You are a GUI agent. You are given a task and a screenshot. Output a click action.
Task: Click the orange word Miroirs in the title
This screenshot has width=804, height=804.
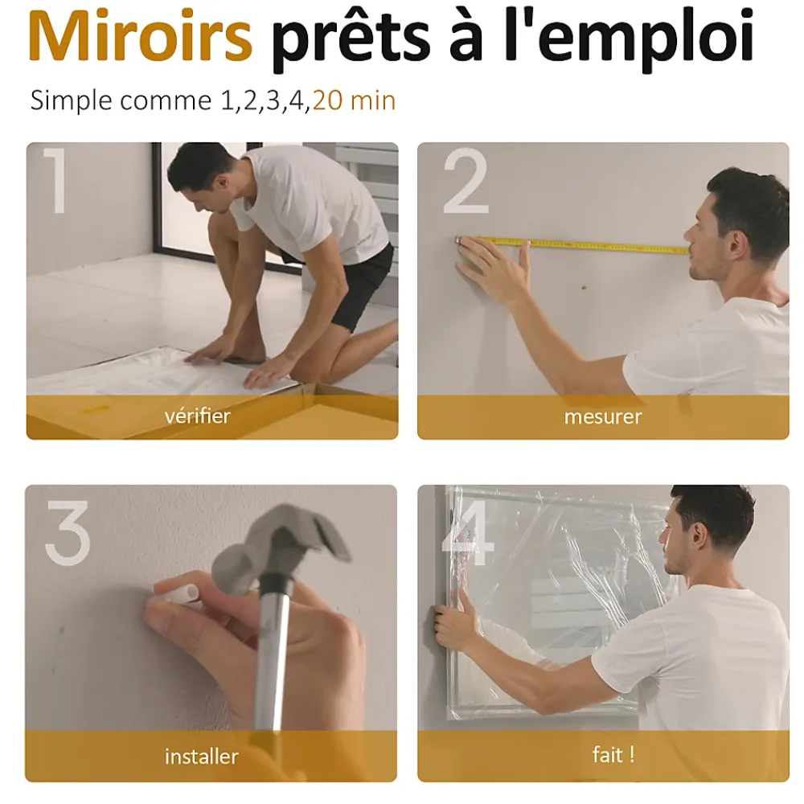click(x=140, y=36)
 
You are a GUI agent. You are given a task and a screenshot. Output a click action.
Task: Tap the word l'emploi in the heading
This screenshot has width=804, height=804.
click(x=630, y=39)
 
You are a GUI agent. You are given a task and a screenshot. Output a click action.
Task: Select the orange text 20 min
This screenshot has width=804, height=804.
click(x=354, y=100)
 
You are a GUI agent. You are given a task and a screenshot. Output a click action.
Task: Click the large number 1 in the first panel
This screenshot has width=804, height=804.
click(x=55, y=180)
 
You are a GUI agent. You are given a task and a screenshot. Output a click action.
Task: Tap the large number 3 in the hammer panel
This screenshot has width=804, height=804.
click(x=68, y=533)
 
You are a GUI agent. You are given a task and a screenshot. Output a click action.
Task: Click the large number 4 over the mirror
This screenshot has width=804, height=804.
click(x=468, y=533)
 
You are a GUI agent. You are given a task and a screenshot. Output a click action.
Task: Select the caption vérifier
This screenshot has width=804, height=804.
click(x=198, y=416)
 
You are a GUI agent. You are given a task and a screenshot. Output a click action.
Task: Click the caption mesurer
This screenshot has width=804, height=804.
click(x=603, y=416)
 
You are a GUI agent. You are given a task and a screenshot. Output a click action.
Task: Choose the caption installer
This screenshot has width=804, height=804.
click(x=202, y=757)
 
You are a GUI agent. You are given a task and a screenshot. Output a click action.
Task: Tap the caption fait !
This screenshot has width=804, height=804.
click(x=613, y=755)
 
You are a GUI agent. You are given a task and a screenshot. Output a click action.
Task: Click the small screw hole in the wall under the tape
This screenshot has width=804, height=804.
click(x=584, y=287)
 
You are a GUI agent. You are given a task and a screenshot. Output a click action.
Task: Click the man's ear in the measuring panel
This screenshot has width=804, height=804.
click(x=736, y=245)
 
